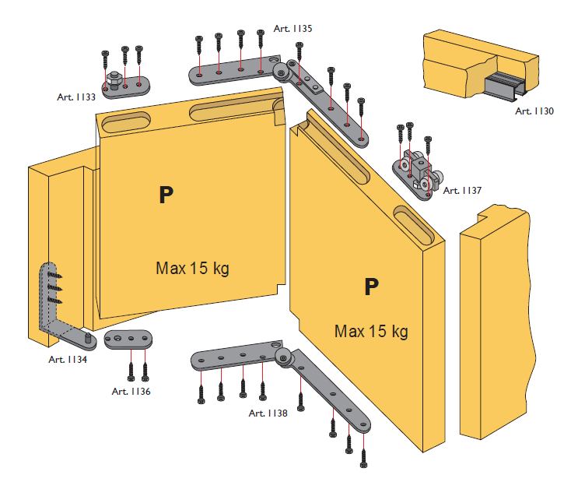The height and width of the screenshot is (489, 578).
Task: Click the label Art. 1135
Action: click(x=293, y=28)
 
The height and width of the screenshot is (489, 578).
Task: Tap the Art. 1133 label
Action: click(x=76, y=97)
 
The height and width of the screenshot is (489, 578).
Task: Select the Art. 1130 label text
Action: click(x=534, y=111)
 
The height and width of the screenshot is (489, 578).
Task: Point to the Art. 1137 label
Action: click(x=462, y=191)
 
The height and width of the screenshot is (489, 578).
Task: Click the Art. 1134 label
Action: click(x=68, y=359)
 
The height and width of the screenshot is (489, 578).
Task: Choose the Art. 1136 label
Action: click(x=131, y=391)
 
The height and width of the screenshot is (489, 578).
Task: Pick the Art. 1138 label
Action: click(x=268, y=413)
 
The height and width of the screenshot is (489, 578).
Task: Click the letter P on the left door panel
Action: click(x=166, y=195)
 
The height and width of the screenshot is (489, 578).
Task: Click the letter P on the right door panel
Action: click(x=371, y=287)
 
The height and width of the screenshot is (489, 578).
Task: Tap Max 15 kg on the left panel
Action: click(x=192, y=268)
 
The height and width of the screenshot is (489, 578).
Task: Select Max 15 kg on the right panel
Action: click(x=371, y=331)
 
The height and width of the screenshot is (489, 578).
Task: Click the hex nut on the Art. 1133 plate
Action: click(x=113, y=78)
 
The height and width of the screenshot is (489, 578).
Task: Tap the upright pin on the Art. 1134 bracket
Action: click(x=89, y=337)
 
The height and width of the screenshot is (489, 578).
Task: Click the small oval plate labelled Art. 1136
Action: click(x=128, y=339)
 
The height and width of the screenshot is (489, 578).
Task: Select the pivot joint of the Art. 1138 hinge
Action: click(x=284, y=357)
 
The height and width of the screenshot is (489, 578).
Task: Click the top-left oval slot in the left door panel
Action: click(x=127, y=124)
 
